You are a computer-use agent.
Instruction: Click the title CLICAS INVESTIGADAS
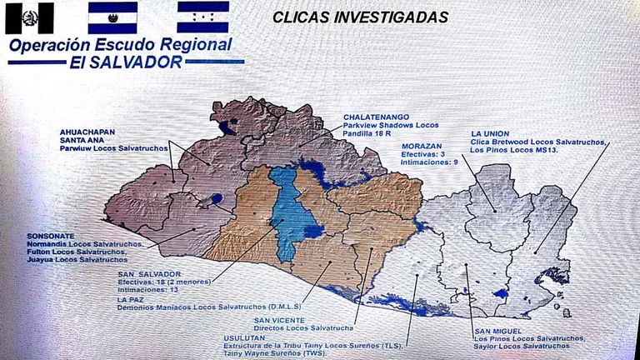360,17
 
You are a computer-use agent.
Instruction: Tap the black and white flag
29,17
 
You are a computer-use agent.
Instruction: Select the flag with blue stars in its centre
203,17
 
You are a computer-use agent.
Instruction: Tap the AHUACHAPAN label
86,132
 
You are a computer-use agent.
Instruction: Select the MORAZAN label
422,146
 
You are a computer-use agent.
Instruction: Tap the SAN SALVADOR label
148,274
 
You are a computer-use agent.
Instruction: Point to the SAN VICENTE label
279,321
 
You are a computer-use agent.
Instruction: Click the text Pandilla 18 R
372,133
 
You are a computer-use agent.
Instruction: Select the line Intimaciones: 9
428,162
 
